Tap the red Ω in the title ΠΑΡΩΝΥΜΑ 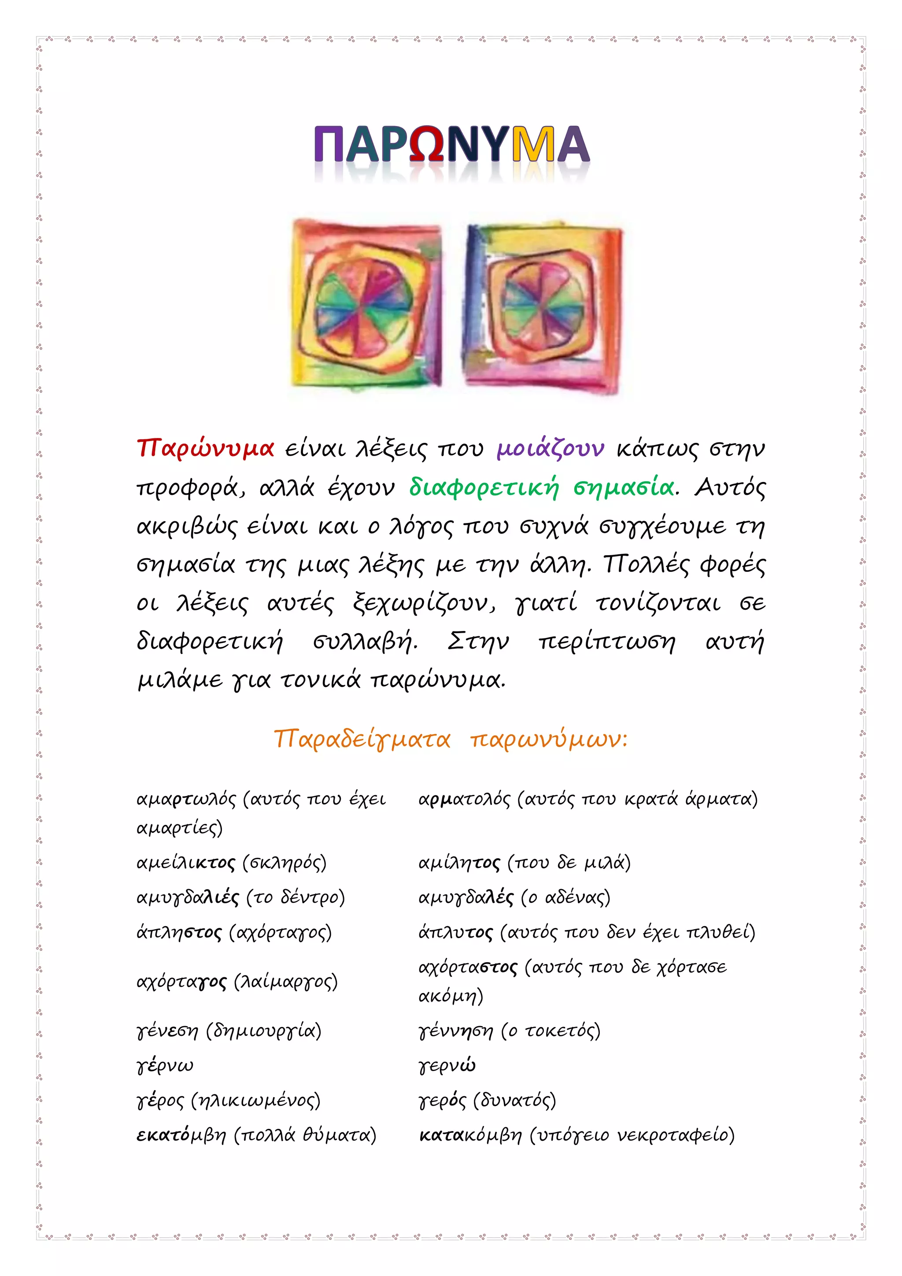coord(433,144)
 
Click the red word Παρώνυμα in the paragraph coord(206,448)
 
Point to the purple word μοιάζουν coord(550,448)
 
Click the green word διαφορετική coord(483,487)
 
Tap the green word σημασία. coord(624,487)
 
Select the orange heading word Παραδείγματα coord(362,739)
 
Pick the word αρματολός coord(464,799)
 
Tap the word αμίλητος coord(459,863)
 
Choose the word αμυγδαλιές coord(188,898)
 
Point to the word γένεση coord(167,1031)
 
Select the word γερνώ coord(447,1066)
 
